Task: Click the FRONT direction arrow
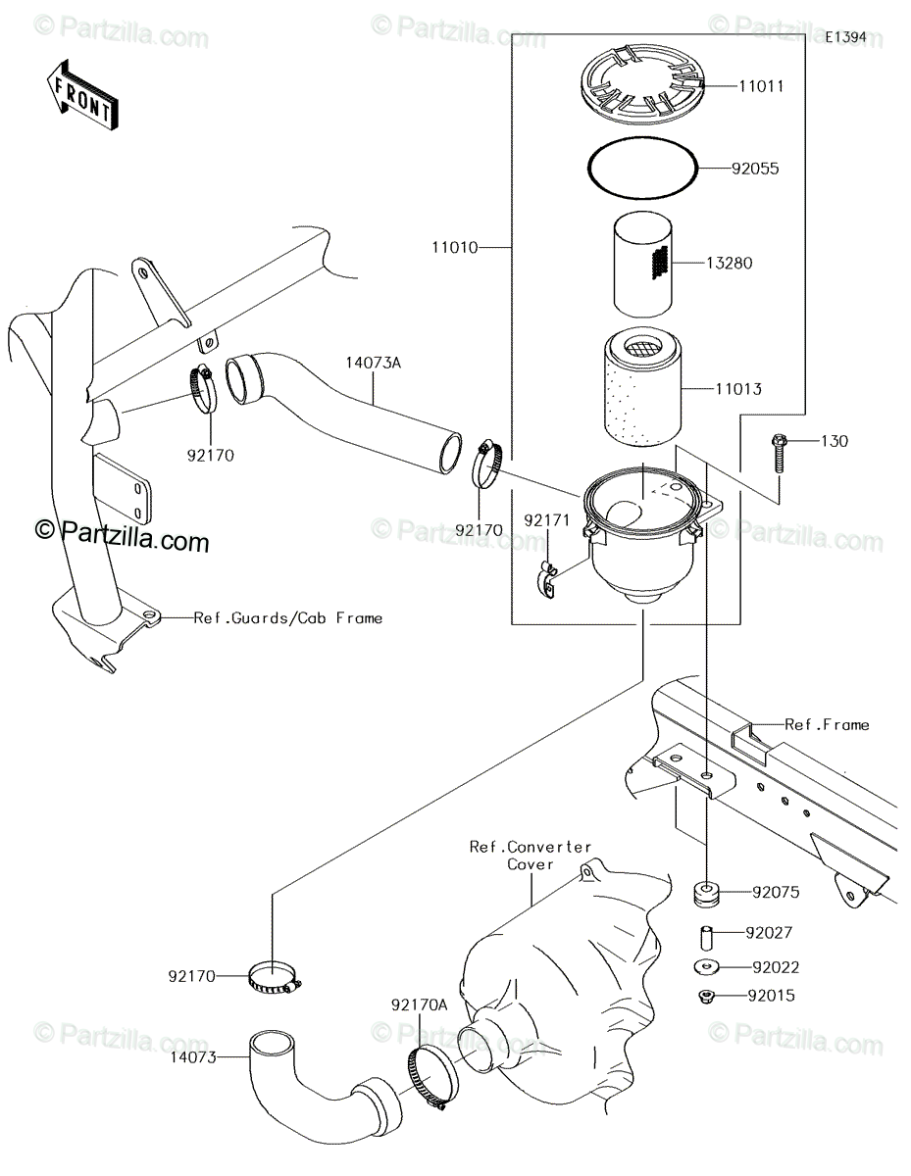[x=82, y=95]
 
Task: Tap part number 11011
[x=761, y=86]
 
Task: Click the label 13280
[x=730, y=263]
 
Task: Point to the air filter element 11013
[x=642, y=388]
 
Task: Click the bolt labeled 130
[x=778, y=454]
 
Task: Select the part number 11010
[x=455, y=248]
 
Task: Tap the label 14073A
[x=374, y=363]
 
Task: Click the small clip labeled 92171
[x=547, y=581]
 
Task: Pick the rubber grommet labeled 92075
[x=706, y=893]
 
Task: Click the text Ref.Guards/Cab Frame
[x=288, y=618]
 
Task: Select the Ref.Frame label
[x=827, y=725]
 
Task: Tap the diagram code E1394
[x=845, y=37]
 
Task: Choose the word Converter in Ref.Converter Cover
[x=549, y=847]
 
